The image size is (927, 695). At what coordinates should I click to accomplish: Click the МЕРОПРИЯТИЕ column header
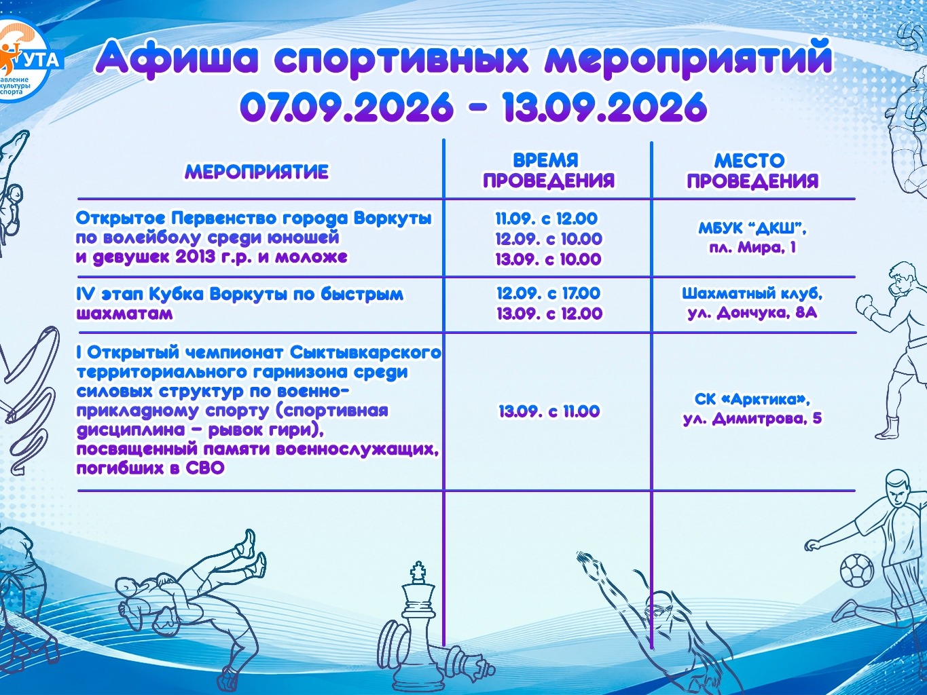click(257, 172)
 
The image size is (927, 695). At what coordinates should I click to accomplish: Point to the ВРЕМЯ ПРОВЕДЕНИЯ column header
click(549, 170)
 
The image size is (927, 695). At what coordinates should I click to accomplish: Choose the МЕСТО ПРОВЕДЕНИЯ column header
click(753, 170)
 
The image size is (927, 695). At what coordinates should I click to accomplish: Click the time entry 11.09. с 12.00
click(547, 219)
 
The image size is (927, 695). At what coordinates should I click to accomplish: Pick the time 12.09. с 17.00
click(548, 293)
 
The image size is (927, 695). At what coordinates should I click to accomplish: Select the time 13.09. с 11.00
click(549, 411)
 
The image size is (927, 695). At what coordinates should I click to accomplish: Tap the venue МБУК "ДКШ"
click(752, 229)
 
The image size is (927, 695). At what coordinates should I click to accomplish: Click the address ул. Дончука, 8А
click(752, 313)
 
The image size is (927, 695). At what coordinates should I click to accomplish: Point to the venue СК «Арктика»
click(752, 399)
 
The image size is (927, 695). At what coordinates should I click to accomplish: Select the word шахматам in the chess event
click(124, 314)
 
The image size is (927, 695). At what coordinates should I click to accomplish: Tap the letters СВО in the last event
click(204, 468)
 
